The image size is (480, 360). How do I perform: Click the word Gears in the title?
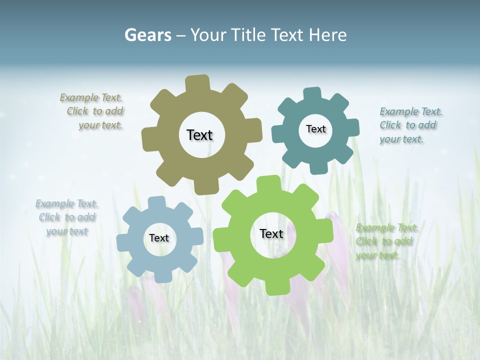click(x=147, y=35)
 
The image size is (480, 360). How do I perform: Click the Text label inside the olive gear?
click(x=199, y=135)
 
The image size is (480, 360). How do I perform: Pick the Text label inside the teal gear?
click(x=315, y=129)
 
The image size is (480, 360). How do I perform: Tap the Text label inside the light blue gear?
click(x=159, y=238)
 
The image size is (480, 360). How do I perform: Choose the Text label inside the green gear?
click(x=271, y=233)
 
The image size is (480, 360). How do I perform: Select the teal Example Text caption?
click(x=410, y=125)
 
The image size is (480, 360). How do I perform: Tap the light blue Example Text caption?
click(x=66, y=217)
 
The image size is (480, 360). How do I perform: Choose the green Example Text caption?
click(x=386, y=241)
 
